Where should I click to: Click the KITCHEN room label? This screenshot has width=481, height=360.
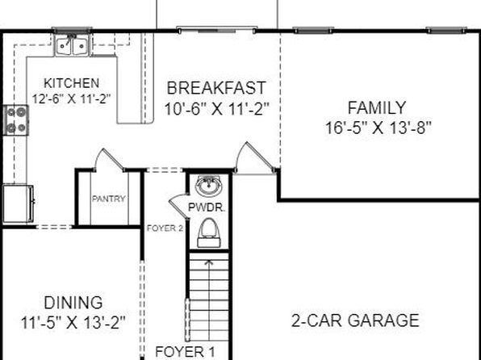click(72, 83)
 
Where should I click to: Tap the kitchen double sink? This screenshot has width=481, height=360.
click(72, 45)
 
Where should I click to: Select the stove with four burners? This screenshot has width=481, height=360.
click(16, 120)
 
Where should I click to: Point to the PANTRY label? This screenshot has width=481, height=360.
click(109, 199)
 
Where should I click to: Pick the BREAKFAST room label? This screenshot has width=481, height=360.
click(216, 88)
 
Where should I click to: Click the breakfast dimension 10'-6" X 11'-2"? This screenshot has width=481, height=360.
click(217, 109)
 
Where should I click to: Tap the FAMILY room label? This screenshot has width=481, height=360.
click(377, 107)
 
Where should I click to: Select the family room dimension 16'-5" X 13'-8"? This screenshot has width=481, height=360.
click(378, 128)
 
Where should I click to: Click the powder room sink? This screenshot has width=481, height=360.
click(208, 186)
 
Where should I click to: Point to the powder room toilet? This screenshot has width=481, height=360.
click(209, 233)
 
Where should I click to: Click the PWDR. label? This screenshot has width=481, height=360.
click(207, 207)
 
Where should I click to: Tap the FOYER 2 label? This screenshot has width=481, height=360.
click(165, 228)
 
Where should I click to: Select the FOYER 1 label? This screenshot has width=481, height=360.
click(186, 351)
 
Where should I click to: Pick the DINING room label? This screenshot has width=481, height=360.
click(73, 303)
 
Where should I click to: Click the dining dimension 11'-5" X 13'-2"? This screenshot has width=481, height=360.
click(73, 323)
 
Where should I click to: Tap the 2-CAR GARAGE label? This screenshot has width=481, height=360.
click(355, 320)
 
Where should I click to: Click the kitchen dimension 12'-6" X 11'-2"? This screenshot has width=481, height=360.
click(72, 98)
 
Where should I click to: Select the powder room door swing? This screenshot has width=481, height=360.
click(178, 206)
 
